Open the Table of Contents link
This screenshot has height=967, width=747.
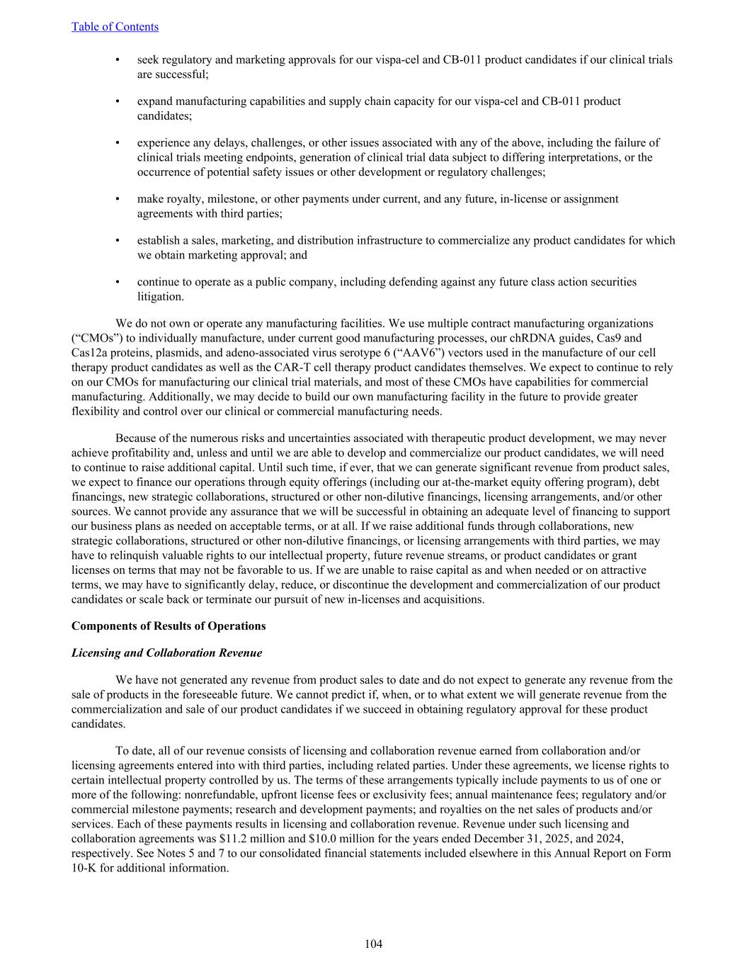coord(115,27)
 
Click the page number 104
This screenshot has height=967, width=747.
coord(373,944)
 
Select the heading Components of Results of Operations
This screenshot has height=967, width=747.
coord(169,626)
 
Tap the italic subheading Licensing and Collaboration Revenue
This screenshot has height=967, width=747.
coord(166,653)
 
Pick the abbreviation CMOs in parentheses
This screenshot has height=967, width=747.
coord(95,339)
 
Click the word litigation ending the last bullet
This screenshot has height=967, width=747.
coord(160,297)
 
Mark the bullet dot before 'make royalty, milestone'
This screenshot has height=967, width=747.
coord(118,199)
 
